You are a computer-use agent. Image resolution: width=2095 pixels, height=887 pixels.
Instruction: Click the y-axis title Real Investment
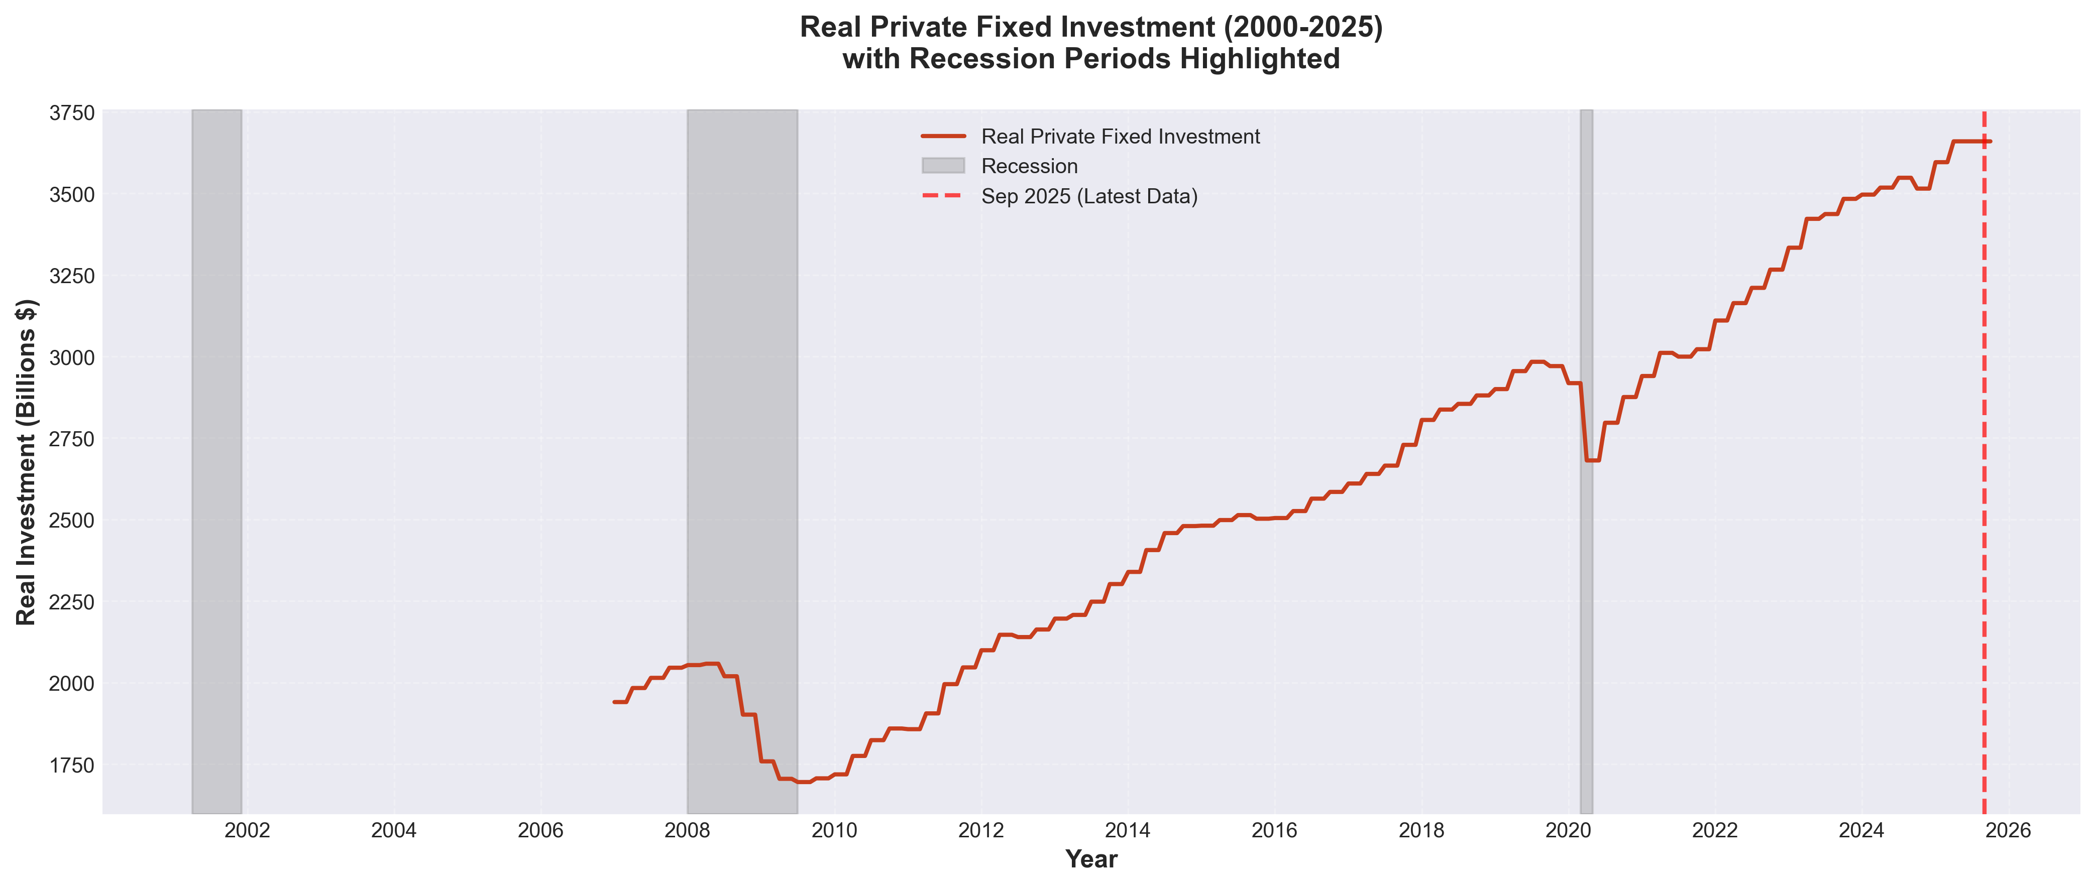point(26,462)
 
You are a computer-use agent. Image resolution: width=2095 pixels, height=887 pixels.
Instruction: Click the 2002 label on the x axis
point(247,830)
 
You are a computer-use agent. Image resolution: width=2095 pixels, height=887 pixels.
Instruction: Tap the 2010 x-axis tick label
point(834,830)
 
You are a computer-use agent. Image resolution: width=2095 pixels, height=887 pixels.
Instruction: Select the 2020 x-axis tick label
point(1568,830)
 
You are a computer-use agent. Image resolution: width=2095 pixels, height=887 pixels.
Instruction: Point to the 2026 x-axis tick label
point(2008,830)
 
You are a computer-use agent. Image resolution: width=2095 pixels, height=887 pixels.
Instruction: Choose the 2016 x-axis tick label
point(1274,830)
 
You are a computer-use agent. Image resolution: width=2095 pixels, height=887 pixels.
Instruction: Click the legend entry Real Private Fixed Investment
point(1120,137)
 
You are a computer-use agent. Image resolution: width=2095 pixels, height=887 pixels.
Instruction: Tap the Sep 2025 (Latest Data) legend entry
point(1089,197)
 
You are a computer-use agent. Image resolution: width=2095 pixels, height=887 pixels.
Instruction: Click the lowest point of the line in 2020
point(1592,460)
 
